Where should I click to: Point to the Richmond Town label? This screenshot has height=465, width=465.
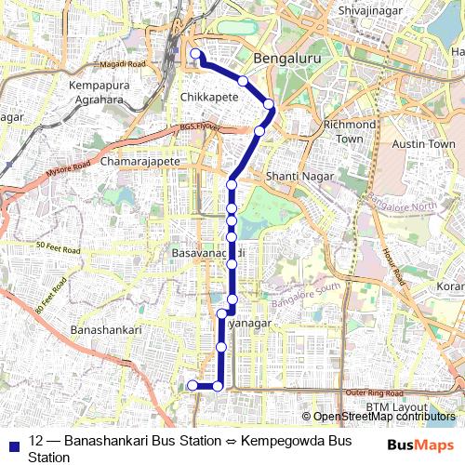349,131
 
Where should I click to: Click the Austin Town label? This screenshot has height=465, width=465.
424,144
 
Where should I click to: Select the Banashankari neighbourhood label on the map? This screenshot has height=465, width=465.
105,329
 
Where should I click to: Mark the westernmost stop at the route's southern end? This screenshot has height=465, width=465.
193,386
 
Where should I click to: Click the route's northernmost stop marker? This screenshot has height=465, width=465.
195,54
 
